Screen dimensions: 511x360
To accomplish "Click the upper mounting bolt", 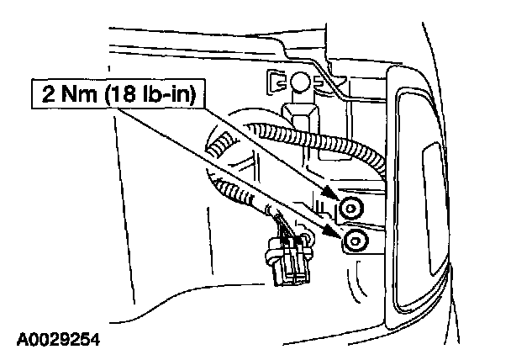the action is coord(351,207).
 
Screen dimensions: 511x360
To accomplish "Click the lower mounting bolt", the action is coord(355,241).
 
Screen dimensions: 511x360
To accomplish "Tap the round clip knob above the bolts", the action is coord(301,82).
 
